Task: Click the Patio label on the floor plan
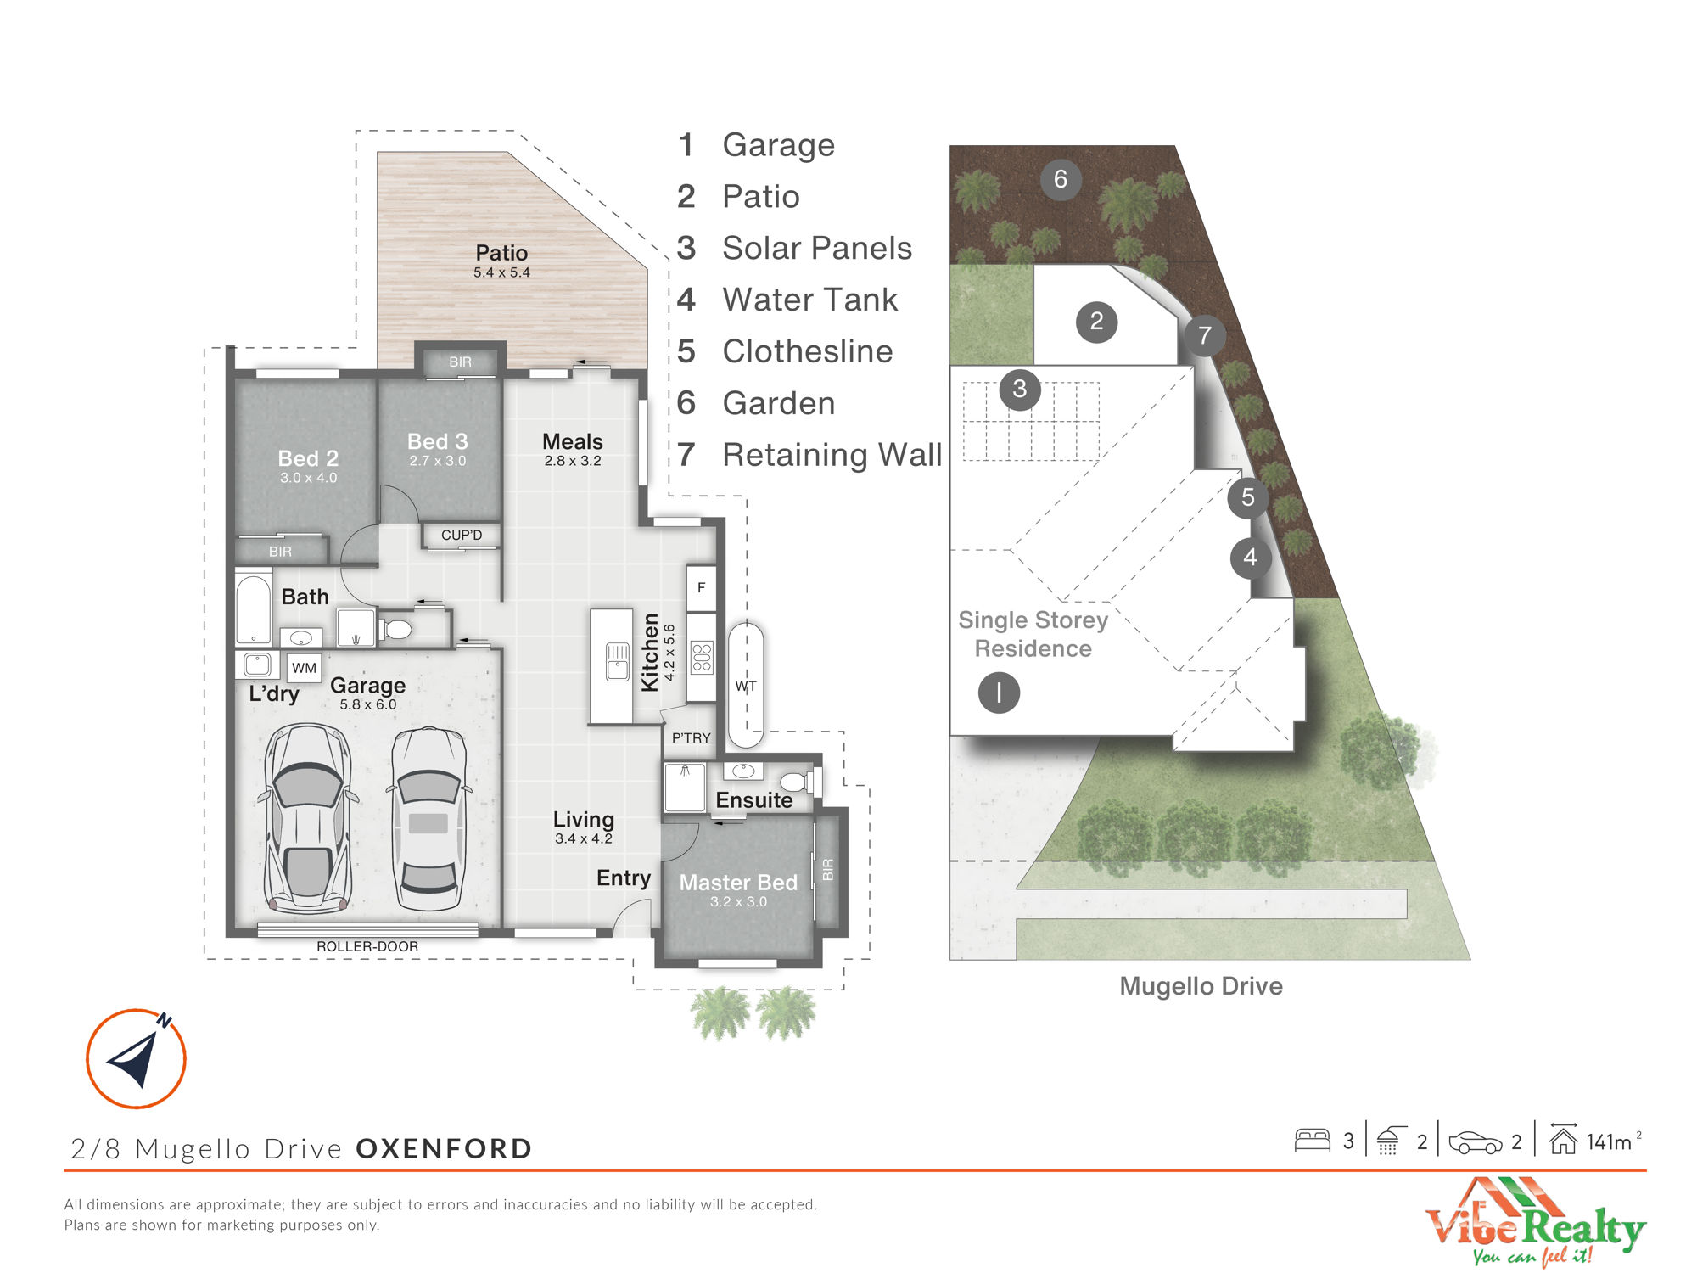(501, 253)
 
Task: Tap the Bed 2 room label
(308, 458)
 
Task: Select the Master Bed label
(738, 883)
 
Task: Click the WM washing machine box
(304, 668)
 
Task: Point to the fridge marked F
(701, 587)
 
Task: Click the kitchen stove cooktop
(702, 658)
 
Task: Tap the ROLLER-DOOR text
(367, 946)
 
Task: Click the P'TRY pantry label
(691, 738)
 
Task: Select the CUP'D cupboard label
(462, 535)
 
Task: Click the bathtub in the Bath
(253, 609)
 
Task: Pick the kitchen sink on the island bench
(618, 662)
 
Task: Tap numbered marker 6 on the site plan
(1061, 179)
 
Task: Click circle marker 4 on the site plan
(1250, 558)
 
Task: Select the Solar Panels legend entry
(795, 248)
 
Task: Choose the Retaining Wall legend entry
(809, 455)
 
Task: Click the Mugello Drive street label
(1201, 986)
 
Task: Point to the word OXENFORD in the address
(444, 1148)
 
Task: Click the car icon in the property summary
(1476, 1142)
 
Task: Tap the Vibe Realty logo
(1536, 1222)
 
